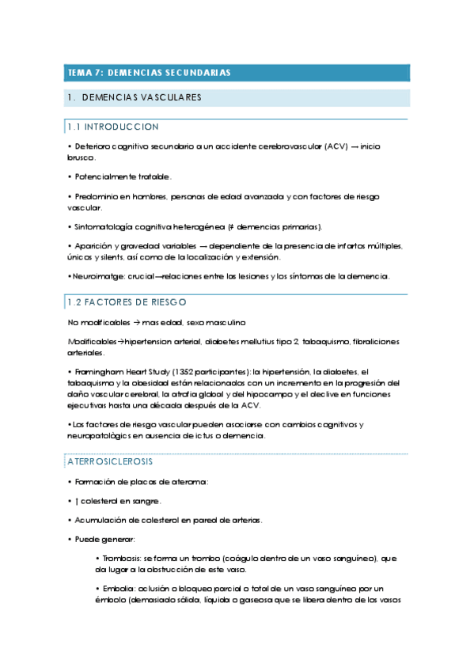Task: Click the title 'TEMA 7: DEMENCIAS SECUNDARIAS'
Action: [149, 73]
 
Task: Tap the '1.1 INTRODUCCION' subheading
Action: [113, 127]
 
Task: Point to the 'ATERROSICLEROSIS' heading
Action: [110, 461]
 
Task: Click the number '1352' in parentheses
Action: [186, 371]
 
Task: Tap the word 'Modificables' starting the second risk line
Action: [93, 341]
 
